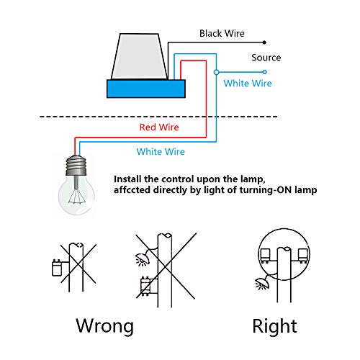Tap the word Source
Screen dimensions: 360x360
click(266, 58)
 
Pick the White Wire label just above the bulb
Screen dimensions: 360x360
click(161, 152)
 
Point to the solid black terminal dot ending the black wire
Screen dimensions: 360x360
click(266, 41)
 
